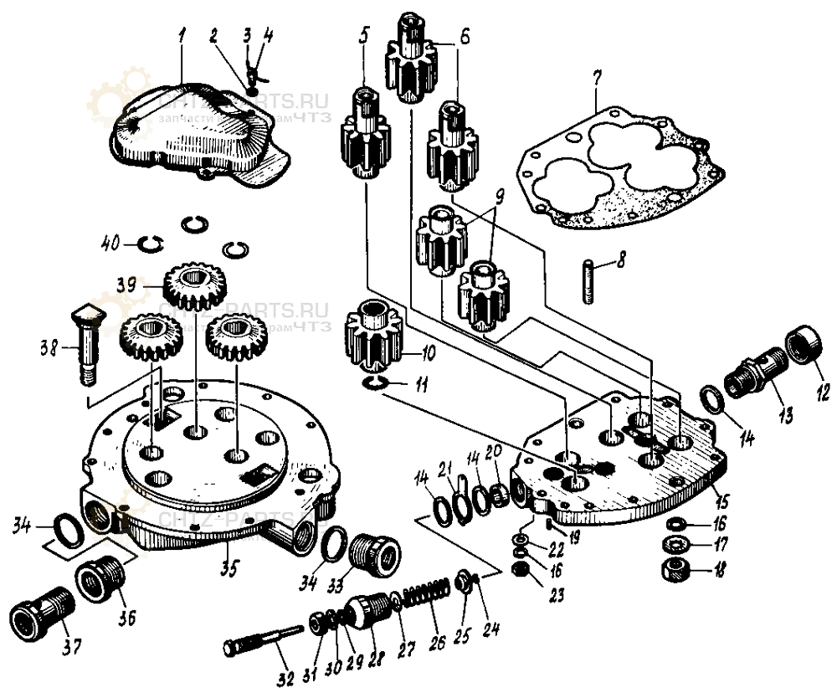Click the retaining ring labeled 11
pos(377,382)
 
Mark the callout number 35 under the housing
pos(228,569)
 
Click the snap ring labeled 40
pos(151,244)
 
